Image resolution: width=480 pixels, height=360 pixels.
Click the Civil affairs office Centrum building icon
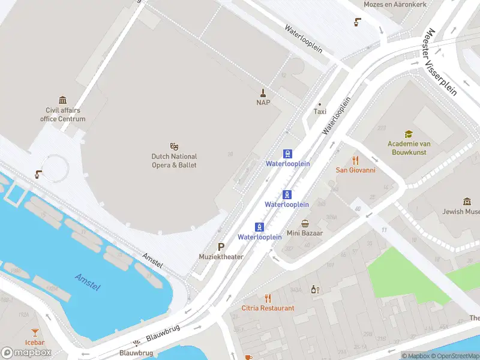[x=62, y=100]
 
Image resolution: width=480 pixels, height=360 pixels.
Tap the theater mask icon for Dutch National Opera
[x=174, y=146]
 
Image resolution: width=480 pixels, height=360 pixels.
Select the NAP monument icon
[x=263, y=92]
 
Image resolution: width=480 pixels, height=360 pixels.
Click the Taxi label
[x=320, y=112]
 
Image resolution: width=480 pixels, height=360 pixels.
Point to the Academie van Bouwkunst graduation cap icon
[x=409, y=134]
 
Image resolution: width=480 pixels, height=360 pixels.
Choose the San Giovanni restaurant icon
[x=355, y=160]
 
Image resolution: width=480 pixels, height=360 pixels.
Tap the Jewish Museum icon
[x=467, y=202]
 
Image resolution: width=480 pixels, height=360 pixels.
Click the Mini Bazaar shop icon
[x=305, y=223]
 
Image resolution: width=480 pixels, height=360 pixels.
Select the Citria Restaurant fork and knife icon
[x=268, y=298]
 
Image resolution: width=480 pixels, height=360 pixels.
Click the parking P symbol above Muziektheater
[x=221, y=247]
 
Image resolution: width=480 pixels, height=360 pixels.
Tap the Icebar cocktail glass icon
[x=35, y=332]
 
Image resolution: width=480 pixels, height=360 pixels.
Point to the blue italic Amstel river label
[x=88, y=282]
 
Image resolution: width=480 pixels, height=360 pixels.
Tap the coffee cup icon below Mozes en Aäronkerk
[x=358, y=22]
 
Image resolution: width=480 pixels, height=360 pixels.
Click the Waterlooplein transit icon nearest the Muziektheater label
[x=260, y=227]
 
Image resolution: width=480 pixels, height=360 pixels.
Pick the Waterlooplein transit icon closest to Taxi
[x=287, y=154]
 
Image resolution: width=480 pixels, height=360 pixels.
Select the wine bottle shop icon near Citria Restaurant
[x=313, y=289]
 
